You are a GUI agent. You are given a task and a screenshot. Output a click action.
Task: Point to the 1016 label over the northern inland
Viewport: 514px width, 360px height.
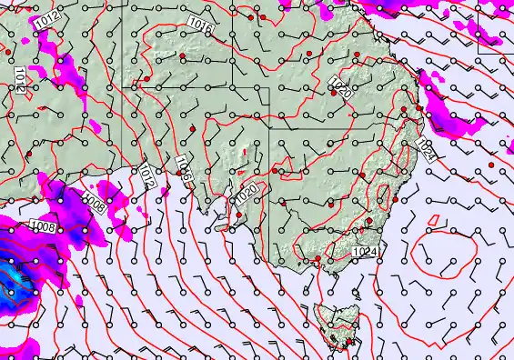201,29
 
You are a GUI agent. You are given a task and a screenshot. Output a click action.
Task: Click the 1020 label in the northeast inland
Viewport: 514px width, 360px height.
340,88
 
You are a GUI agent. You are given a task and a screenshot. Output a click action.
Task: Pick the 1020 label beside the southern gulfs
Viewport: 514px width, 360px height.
246,194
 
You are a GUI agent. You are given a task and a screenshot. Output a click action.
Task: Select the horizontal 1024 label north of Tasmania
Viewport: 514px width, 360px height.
364,251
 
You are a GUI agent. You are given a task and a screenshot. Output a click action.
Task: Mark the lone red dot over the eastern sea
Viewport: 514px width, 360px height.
490,165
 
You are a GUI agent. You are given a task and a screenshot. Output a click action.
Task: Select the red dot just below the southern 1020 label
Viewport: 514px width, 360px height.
239,215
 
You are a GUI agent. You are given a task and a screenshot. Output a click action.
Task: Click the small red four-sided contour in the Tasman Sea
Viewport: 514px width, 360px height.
434,219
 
